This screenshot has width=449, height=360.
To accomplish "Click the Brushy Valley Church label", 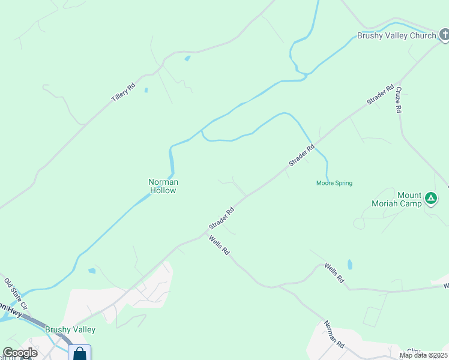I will pyautogui.click(x=396, y=36).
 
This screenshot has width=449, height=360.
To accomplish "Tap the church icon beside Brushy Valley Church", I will pyautogui.click(x=444, y=35).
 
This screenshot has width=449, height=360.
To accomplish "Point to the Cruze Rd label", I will pyautogui.click(x=398, y=100).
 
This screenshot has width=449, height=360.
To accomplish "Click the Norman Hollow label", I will pyautogui.click(x=163, y=186).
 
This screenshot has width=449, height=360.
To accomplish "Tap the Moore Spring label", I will pyautogui.click(x=334, y=183).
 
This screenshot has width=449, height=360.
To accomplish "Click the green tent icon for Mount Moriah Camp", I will pyautogui.click(x=430, y=198).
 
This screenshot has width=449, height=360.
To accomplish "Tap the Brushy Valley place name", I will pyautogui.click(x=70, y=329).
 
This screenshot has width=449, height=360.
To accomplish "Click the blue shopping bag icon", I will pyautogui.click(x=79, y=353).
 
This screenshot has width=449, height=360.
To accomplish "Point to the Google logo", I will pyautogui.click(x=20, y=353).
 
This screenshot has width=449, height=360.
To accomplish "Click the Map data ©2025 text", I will pyautogui.click(x=424, y=355).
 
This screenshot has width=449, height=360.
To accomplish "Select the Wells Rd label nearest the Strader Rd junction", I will pyautogui.click(x=219, y=245).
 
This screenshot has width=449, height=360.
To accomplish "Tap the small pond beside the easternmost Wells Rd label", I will pyautogui.click(x=350, y=264).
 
